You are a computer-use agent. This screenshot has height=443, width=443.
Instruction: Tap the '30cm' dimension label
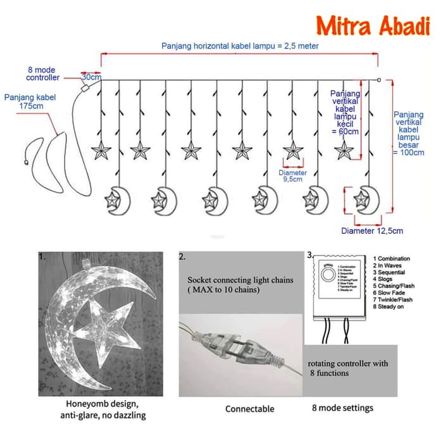(x=91, y=77)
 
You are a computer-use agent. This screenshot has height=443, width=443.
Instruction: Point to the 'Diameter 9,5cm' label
(x=293, y=176)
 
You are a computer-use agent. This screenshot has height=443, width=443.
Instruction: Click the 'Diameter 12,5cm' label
(x=371, y=231)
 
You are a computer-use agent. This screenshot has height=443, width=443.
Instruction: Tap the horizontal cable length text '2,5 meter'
(x=300, y=46)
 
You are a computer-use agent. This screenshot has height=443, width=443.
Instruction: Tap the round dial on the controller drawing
(x=328, y=276)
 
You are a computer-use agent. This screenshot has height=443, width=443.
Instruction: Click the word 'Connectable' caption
(x=250, y=409)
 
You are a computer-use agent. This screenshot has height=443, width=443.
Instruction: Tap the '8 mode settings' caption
(x=342, y=408)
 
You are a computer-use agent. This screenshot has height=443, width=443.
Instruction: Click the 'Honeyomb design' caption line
(x=103, y=403)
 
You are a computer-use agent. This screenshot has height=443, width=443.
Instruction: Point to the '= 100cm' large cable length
(x=409, y=153)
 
